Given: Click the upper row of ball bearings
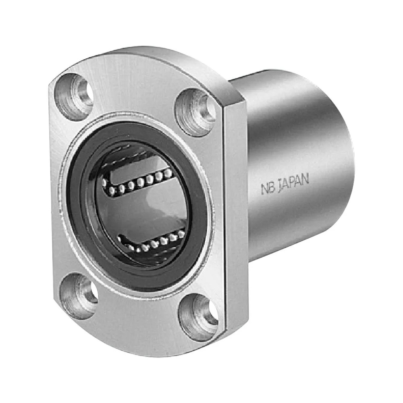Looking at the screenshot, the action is [136, 182].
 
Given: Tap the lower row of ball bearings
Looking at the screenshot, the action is [152, 243].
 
